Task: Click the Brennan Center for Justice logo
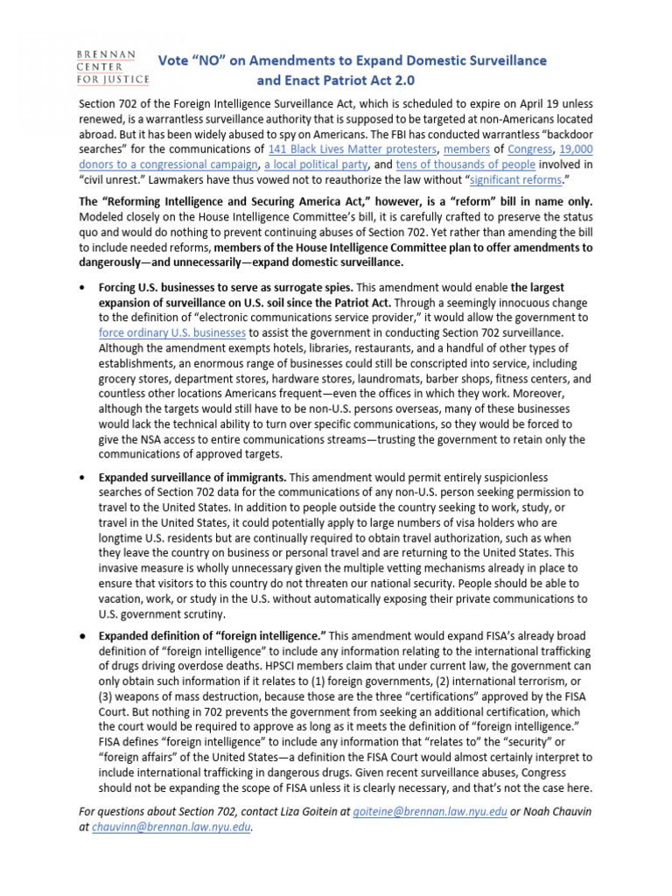[109, 66]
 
